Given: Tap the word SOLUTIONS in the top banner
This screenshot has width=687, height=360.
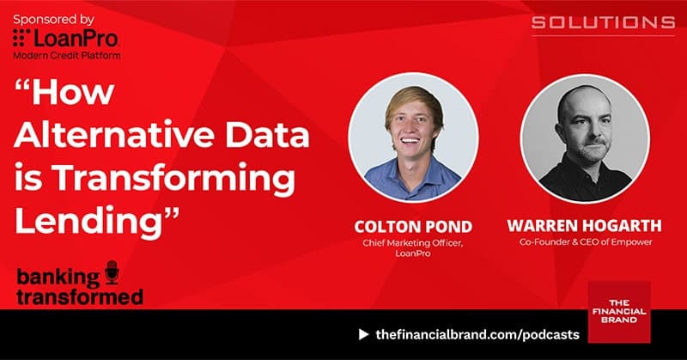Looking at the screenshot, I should [x=602, y=21].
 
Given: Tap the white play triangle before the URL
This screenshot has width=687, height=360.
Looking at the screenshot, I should [x=363, y=333].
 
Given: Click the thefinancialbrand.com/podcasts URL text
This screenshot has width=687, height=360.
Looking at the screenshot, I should [x=477, y=333].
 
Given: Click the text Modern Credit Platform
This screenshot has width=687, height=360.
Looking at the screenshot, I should [x=67, y=55].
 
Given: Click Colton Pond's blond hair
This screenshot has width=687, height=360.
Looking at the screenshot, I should [x=410, y=101].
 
